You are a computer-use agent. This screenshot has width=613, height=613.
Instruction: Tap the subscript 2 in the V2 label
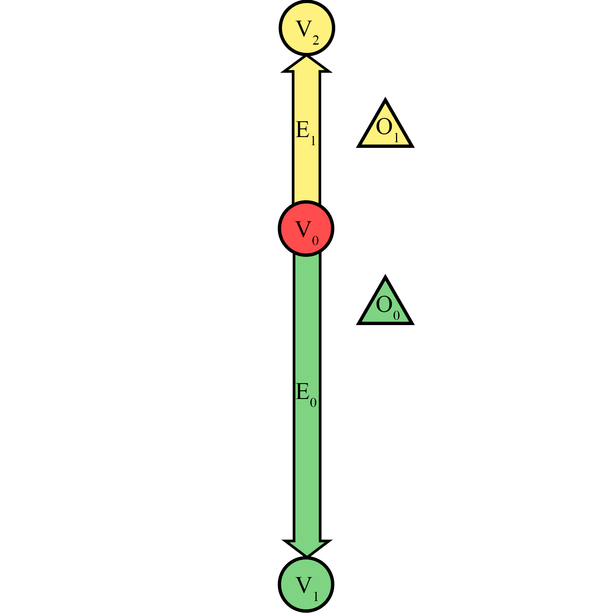point(316,40)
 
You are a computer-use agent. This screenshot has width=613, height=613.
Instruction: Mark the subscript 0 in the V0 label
point(315,241)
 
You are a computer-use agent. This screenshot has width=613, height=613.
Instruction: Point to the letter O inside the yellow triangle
point(384,126)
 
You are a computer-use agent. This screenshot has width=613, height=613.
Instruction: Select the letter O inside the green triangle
point(384,304)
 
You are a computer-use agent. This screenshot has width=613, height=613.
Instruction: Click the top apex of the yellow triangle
point(385,99)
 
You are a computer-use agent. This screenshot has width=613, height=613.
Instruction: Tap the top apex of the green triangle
point(385,276)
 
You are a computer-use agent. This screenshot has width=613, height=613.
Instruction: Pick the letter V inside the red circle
point(303,228)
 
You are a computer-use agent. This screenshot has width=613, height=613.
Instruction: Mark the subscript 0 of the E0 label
point(313,402)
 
